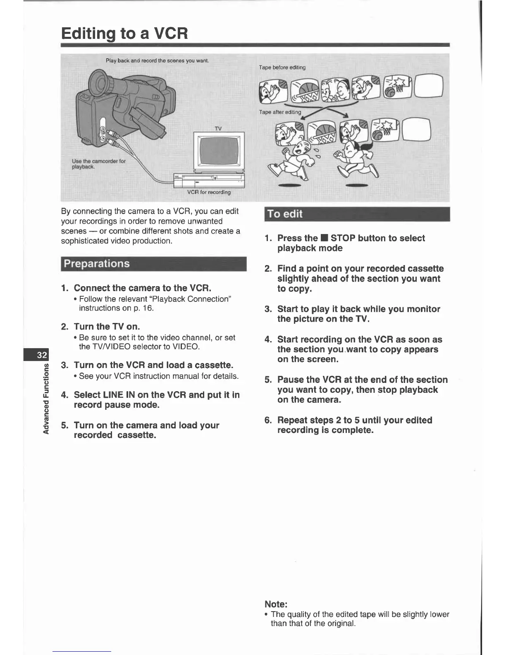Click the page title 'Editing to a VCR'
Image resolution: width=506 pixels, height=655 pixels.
coord(124,33)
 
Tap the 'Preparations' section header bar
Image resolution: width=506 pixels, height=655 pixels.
coord(153,264)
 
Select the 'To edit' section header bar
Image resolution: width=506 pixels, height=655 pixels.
coord(357,214)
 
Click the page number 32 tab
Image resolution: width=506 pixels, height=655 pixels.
coord(42,355)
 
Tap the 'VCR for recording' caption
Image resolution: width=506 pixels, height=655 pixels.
coord(209,192)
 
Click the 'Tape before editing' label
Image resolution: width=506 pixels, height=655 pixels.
coord(282,67)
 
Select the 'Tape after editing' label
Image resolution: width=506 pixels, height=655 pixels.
coord(280,112)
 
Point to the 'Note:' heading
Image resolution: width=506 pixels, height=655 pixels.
coord(276,604)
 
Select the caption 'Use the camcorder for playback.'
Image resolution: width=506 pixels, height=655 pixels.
coord(98,164)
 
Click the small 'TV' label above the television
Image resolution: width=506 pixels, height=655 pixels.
coord(218,129)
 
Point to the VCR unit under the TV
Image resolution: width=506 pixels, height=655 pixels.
coord(209,180)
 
